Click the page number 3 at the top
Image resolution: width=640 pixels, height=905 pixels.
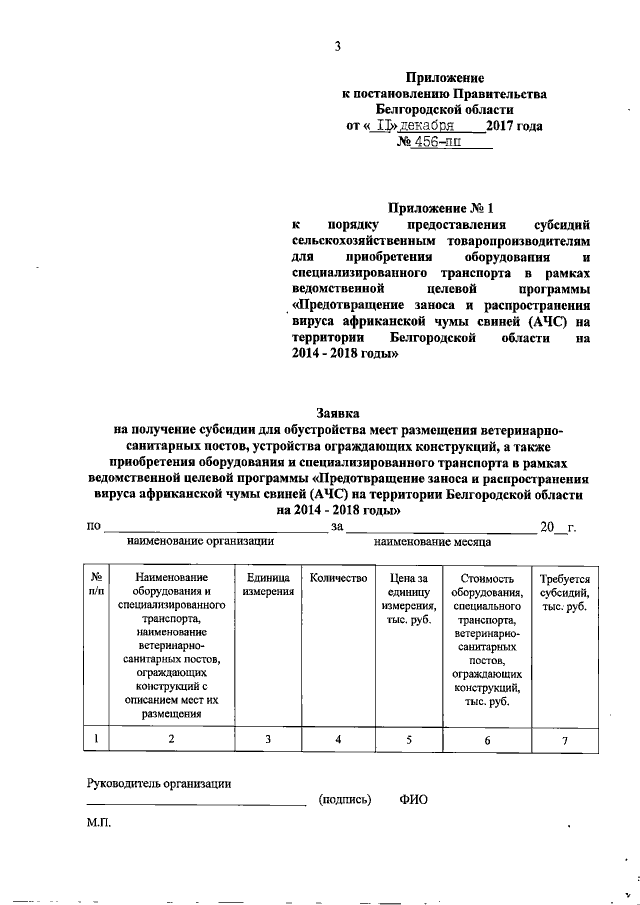tap(337, 45)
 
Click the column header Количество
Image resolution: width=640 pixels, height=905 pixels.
tap(338, 577)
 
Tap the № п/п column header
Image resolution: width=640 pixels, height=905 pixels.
tap(96, 584)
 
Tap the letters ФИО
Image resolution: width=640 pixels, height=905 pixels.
tap(412, 800)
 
